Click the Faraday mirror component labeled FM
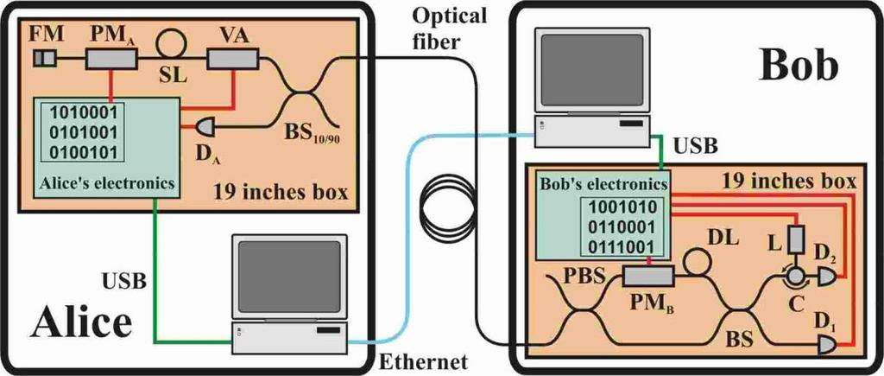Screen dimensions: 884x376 click(x=44, y=58)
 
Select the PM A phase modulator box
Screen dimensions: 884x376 click(x=111, y=59)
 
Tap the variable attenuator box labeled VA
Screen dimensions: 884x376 click(x=233, y=58)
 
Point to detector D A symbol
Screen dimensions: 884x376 click(x=205, y=128)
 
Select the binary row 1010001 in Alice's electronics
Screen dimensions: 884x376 click(x=85, y=112)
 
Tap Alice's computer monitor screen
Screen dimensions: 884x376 click(x=289, y=277)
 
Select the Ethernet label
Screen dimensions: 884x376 click(x=423, y=361)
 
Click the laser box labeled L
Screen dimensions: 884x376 click(x=795, y=239)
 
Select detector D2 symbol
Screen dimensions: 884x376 click(x=826, y=276)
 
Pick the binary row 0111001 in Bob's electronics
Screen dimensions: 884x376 click(x=622, y=246)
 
